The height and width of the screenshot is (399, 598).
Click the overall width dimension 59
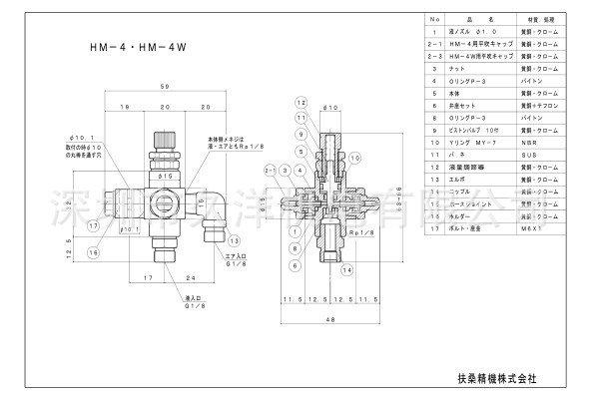click(163, 88)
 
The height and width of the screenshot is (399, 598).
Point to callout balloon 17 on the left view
click(92, 198)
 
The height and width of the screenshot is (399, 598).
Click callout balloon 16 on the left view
click(94, 225)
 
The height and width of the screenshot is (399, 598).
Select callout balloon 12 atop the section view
click(300, 104)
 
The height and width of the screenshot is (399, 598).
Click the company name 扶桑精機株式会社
click(490, 378)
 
